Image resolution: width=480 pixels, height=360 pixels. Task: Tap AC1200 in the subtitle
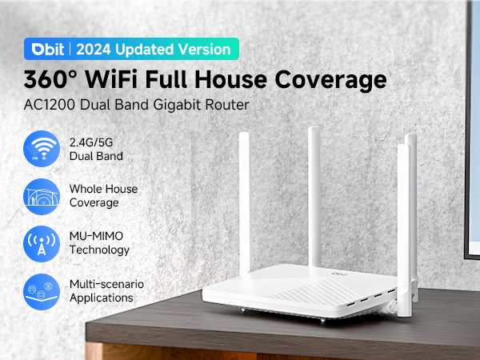click(x=50, y=106)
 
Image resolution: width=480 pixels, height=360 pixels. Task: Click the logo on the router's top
click(x=330, y=274)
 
